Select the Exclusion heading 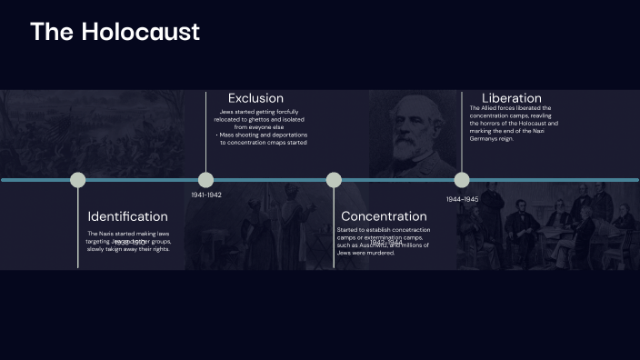pos(255,98)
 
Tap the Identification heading pos(127,216)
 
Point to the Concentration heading pos(383,216)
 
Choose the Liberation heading pos(511,98)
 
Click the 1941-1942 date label pos(206,195)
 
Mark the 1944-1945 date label pos(462,199)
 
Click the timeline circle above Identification pos(78,180)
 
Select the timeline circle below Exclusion pos(206,180)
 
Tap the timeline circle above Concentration pos(334,180)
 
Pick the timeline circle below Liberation pos(462,180)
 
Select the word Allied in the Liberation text pos(492,108)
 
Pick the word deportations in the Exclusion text pos(288,135)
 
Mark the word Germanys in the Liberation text pos(485,138)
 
